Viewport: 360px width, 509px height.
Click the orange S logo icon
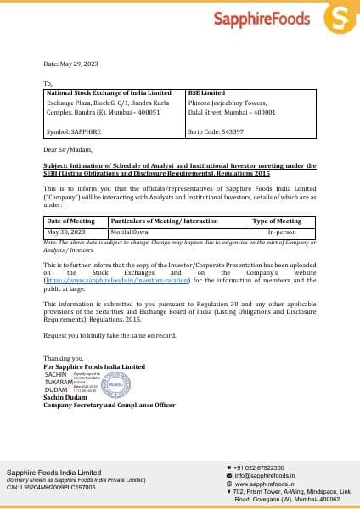340,17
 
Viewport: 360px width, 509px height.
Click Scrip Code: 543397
216,131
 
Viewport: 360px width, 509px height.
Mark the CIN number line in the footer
51,489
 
